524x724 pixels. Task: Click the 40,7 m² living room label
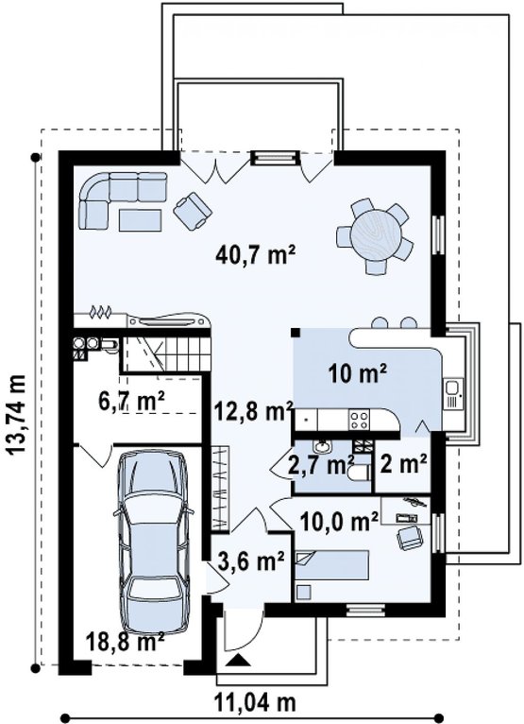(x=255, y=254)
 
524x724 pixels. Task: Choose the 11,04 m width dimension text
(x=255, y=704)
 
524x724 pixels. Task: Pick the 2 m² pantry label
(x=403, y=463)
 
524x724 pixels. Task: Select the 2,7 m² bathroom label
(x=321, y=464)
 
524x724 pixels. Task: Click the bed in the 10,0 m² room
(x=332, y=564)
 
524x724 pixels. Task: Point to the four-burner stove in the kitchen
(x=359, y=421)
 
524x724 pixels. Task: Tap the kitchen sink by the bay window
(x=453, y=393)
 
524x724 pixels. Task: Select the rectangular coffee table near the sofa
(x=141, y=220)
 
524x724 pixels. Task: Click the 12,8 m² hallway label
(x=255, y=411)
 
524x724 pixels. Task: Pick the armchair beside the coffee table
(x=193, y=211)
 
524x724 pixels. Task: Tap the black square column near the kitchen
(x=295, y=332)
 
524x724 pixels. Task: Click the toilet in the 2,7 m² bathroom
(x=360, y=474)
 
